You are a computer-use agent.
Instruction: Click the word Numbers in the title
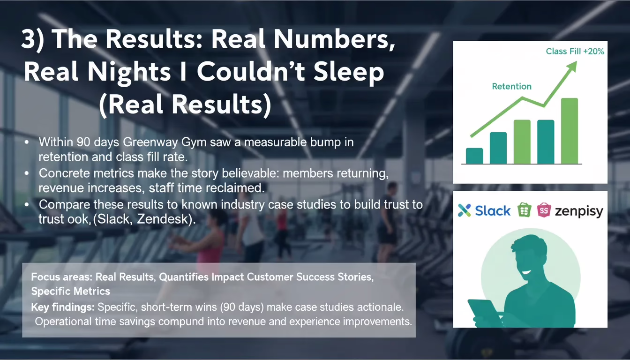click(334, 39)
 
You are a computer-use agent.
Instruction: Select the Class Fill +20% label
click(575, 51)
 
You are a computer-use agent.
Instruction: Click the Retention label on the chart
click(511, 86)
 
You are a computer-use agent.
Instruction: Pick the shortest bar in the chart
click(474, 156)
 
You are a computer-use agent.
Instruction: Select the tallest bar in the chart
click(570, 131)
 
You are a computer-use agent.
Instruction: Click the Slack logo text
click(493, 210)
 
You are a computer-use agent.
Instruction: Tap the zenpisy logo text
click(579, 211)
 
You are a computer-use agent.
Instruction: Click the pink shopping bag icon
click(544, 210)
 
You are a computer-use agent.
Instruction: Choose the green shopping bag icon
click(524, 210)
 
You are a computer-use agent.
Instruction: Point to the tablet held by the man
click(484, 313)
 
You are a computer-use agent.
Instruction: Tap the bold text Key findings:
click(63, 307)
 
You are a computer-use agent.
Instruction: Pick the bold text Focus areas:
click(61, 277)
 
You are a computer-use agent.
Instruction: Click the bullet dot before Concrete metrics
click(27, 173)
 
